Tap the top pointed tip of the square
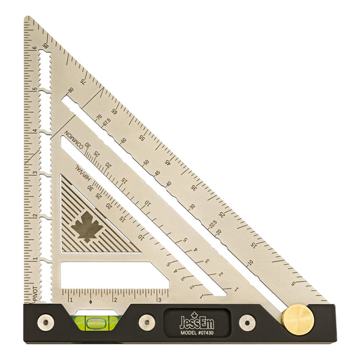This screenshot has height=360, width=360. tap(28, 18)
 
